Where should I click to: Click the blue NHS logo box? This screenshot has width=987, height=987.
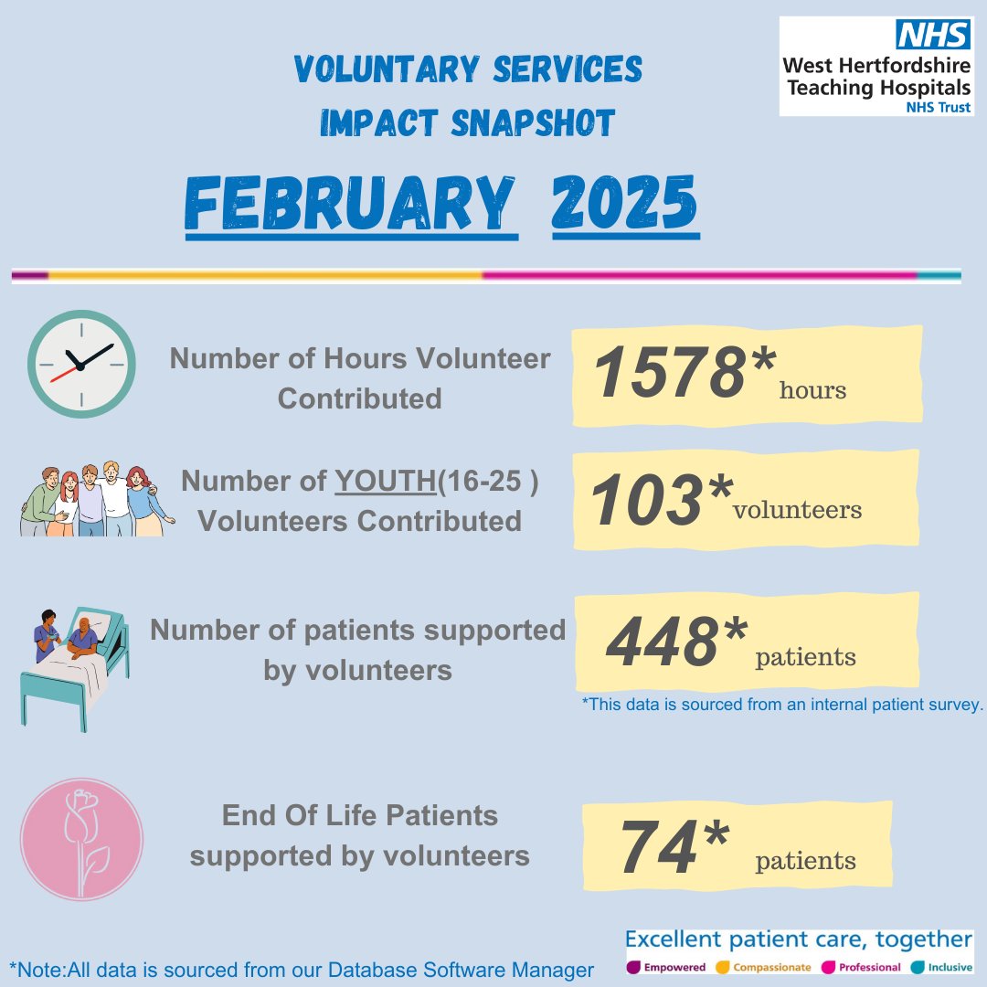tap(931, 34)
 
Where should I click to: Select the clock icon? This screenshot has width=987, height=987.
tap(80, 364)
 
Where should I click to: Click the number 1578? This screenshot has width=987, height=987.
tap(668, 374)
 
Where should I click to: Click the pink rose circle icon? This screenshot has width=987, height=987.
tap(81, 838)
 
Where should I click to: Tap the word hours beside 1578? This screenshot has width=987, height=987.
tap(812, 391)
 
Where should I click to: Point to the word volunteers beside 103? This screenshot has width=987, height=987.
tap(797, 510)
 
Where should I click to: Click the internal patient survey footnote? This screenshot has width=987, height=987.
tap(781, 705)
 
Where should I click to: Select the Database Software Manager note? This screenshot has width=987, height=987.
tap(302, 970)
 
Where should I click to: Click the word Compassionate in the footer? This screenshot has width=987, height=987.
tap(772, 967)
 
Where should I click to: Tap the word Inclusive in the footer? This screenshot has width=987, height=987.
tap(948, 967)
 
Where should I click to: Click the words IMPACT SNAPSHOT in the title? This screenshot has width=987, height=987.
tap(467, 122)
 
